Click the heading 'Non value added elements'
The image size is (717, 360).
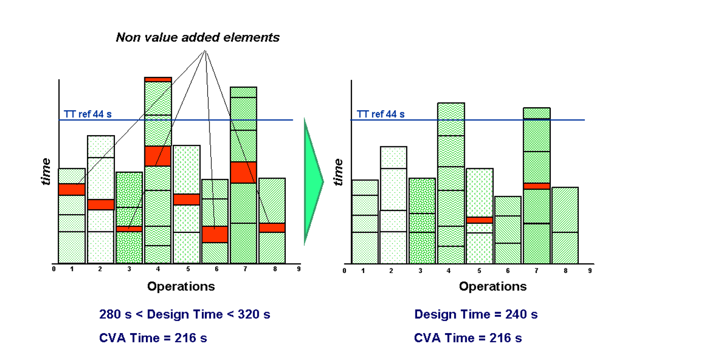pos(197,37)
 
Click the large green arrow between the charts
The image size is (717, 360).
pos(313,181)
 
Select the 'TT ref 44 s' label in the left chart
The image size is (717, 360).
pos(87,114)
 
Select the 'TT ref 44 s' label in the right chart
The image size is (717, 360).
pos(380,114)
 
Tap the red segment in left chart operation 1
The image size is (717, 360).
pos(72,189)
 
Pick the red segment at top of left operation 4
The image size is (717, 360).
pos(158,79)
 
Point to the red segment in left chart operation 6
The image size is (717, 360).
pos(215,234)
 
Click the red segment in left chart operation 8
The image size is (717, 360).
pos(272,227)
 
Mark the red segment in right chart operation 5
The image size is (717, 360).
pos(480,220)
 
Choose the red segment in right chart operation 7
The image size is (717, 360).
pos(536,186)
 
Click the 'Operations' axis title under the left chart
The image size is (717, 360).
pos(181,286)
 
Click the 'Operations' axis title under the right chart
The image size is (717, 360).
pos(493,286)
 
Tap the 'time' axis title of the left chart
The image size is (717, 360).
pos(46,171)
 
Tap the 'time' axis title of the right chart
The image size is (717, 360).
pos(338,171)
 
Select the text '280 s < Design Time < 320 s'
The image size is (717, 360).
pos(185,314)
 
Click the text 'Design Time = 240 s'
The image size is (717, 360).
pos(475,314)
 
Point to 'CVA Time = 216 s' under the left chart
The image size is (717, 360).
pos(153,338)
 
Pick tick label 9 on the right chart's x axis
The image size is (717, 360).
pos(590,271)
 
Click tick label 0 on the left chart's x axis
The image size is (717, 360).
pos(54,269)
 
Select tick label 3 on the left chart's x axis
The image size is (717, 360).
pos(129,269)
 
